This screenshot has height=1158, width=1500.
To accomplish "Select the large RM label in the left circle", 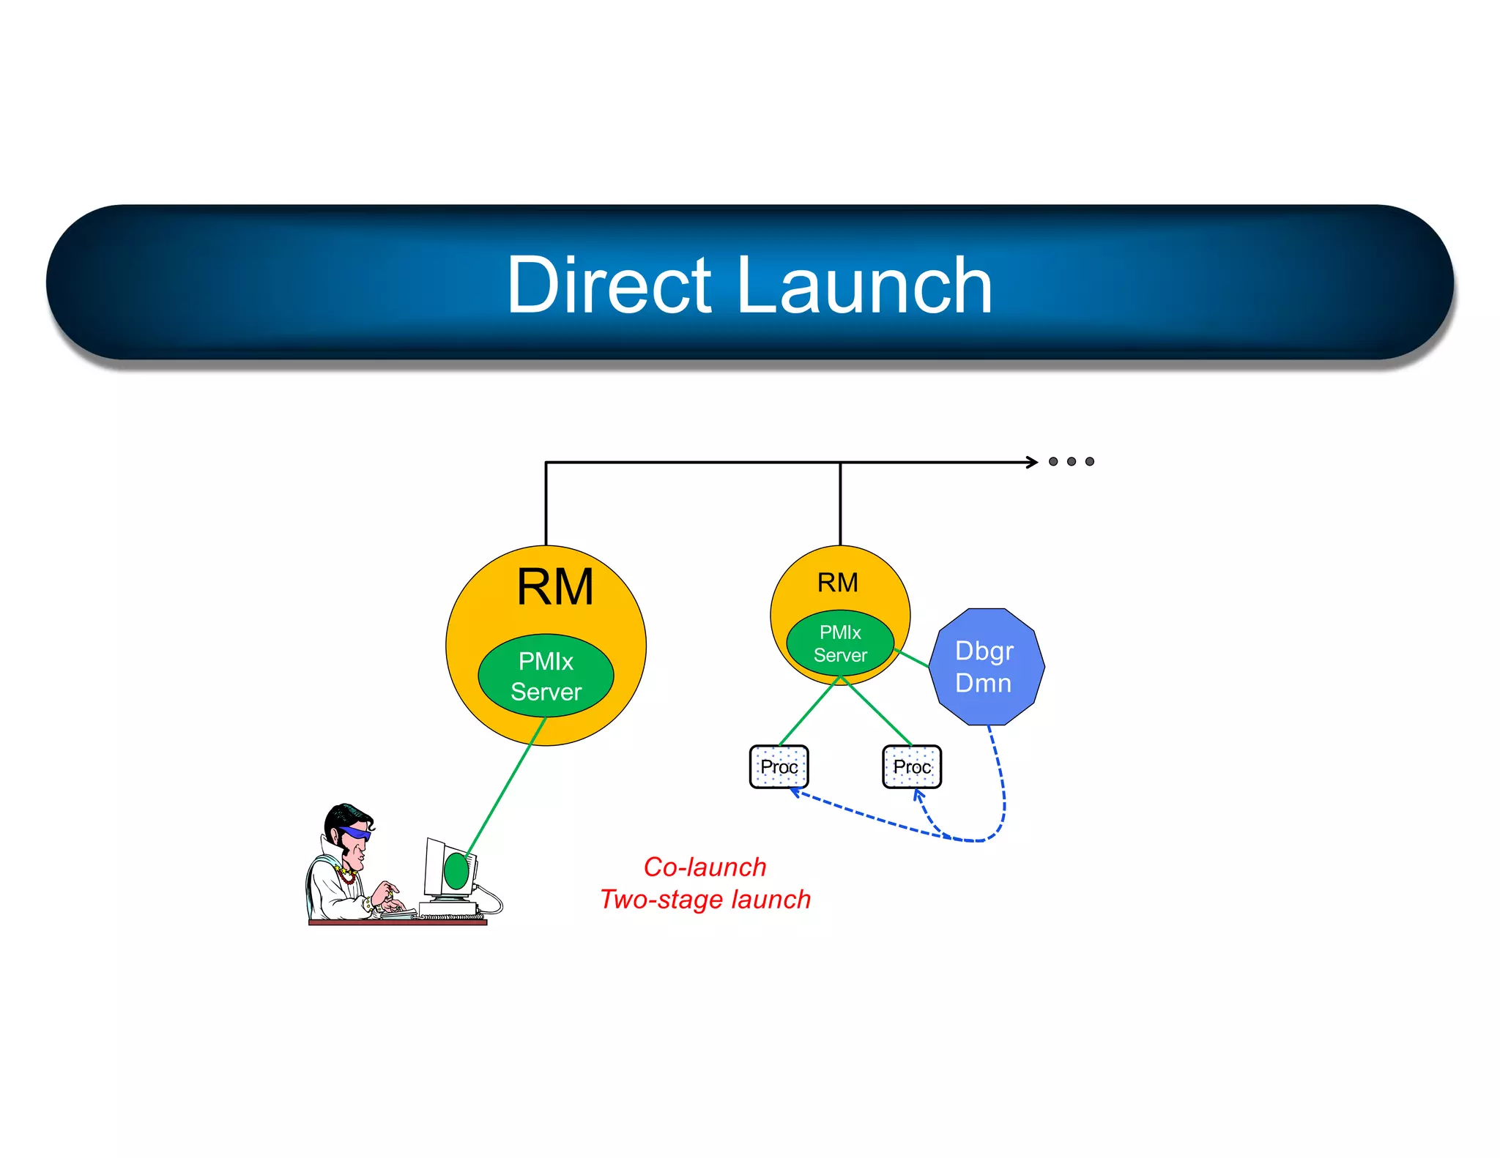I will [554, 587].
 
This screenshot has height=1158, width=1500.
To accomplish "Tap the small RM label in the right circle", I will [837, 583].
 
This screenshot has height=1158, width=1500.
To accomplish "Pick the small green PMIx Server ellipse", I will [840, 643].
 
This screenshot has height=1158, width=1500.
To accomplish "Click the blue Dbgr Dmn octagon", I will [985, 667].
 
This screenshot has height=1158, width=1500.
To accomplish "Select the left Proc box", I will [779, 766].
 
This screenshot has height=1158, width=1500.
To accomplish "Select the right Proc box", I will [911, 766].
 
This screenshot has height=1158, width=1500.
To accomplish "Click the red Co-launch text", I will [705, 867].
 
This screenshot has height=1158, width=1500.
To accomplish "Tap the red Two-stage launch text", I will [705, 900].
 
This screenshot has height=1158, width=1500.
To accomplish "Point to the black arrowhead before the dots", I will [1033, 462].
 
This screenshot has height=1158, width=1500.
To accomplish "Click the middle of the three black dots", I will [1072, 462].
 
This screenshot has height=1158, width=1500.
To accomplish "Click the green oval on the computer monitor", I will [456, 871].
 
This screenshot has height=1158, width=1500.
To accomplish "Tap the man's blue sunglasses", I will [357, 833].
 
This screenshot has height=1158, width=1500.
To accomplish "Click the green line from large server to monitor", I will [505, 787].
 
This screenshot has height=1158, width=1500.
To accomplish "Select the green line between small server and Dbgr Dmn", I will [913, 658].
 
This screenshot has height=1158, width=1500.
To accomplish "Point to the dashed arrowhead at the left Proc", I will [794, 791].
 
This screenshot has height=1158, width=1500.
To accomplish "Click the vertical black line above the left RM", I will [546, 505].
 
